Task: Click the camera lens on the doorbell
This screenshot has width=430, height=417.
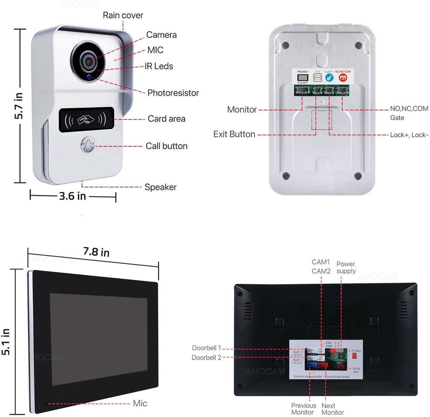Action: [88, 59]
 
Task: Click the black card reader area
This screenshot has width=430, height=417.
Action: [86, 120]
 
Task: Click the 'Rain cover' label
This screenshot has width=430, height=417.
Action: [123, 15]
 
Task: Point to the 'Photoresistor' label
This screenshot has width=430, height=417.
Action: [173, 93]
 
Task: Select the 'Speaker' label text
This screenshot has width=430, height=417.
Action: [161, 187]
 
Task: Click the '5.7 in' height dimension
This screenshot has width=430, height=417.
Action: [19, 106]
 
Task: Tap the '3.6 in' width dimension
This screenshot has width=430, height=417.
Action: [72, 196]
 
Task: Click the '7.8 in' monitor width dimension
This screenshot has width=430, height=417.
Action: [96, 252]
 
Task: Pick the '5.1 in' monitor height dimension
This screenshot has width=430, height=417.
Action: [6, 342]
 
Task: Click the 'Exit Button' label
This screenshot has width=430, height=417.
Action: [234, 134]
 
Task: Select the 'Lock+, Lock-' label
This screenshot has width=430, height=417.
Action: [409, 135]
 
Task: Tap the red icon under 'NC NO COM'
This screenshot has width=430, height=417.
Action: [343, 77]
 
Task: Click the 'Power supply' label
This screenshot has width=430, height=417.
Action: [346, 268]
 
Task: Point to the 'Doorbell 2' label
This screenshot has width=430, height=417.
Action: [206, 358]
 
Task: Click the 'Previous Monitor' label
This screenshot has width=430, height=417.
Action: [304, 409]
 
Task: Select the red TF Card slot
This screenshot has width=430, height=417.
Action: [354, 356]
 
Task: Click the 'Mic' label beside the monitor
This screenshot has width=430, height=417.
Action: [140, 404]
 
